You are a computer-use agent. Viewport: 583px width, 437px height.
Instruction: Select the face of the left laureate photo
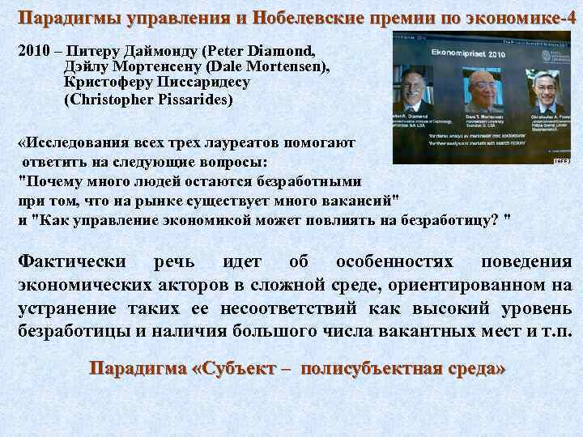pos(412,87)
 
